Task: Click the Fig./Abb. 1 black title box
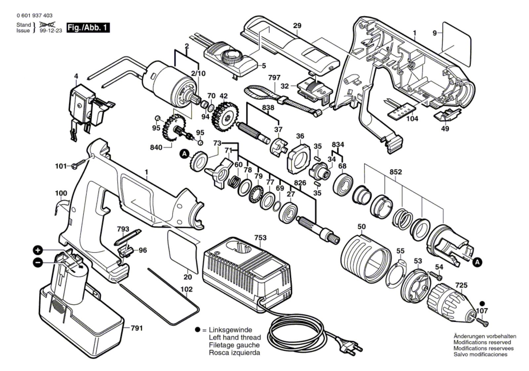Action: [x=88, y=28]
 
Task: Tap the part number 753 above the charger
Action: [x=260, y=238]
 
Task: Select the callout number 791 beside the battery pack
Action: [x=137, y=328]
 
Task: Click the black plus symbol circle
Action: [x=38, y=250]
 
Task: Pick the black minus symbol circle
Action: [x=38, y=262]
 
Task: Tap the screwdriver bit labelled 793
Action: [x=128, y=237]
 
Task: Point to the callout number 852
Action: [x=395, y=172]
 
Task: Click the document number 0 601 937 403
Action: [x=34, y=16]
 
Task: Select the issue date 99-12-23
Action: [x=51, y=31]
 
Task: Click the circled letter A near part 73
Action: [x=184, y=154]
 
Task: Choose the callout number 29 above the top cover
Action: [x=297, y=25]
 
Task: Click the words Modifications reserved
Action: [x=482, y=342]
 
